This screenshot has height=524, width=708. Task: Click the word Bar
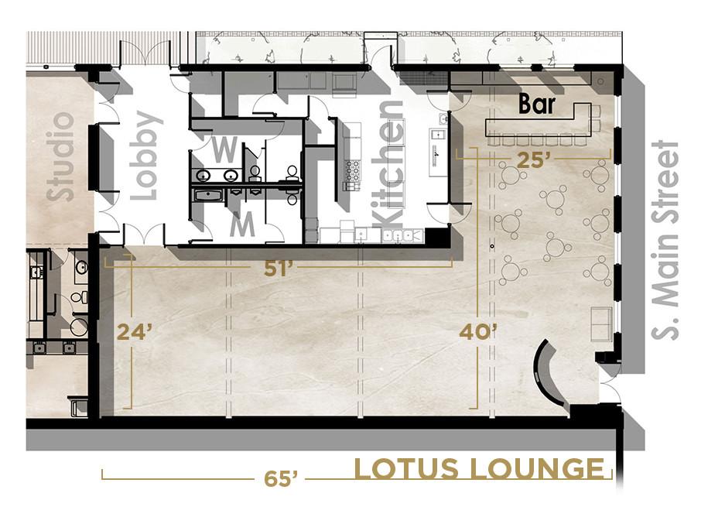point(536,104)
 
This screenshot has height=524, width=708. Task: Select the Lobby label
point(145,155)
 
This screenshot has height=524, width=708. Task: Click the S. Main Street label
point(665,239)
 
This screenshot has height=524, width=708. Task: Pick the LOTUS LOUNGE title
point(479,468)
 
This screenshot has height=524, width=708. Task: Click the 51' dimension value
point(276,269)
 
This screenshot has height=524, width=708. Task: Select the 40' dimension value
point(477,332)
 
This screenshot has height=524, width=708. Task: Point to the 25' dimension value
point(534,160)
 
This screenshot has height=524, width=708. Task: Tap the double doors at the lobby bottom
point(144,235)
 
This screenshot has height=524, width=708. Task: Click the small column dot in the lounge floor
point(491,246)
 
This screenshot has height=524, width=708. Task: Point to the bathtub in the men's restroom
point(208,196)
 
